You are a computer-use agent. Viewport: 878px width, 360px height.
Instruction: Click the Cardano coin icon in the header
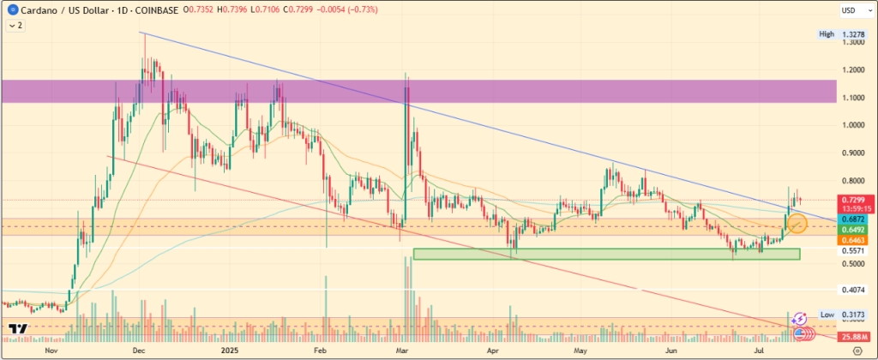coord(9,9)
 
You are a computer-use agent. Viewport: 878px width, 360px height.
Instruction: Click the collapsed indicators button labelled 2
coord(15,26)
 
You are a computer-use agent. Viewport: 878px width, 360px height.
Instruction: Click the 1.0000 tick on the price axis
coord(852,125)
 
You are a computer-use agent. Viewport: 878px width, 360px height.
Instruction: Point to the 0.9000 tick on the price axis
coord(852,153)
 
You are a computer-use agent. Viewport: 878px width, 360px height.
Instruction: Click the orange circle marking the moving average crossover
coord(797,225)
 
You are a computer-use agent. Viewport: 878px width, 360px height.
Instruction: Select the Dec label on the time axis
coord(138,351)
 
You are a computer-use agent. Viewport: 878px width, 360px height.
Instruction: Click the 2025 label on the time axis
coord(229,351)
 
